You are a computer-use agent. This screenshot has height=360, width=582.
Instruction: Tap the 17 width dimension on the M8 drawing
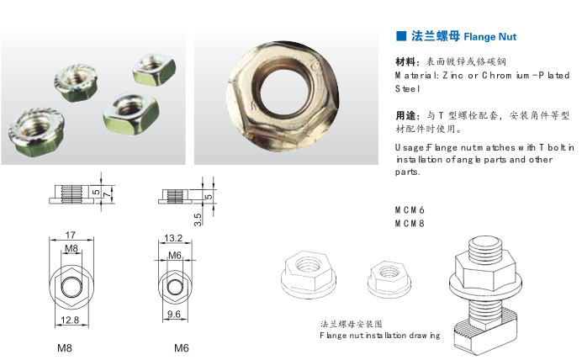pyautogui.click(x=71, y=236)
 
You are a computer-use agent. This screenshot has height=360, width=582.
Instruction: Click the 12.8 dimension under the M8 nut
pyautogui.click(x=71, y=320)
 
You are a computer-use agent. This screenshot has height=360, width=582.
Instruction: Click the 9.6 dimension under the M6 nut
pyautogui.click(x=175, y=314)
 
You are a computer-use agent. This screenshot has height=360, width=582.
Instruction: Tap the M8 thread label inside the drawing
pyautogui.click(x=71, y=248)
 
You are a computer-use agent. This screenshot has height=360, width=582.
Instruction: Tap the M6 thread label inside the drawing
pyautogui.click(x=175, y=255)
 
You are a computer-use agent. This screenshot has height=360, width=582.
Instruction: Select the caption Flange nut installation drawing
pyautogui.click(x=379, y=336)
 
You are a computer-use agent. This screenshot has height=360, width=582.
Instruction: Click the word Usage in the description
pyautogui.click(x=410, y=147)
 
